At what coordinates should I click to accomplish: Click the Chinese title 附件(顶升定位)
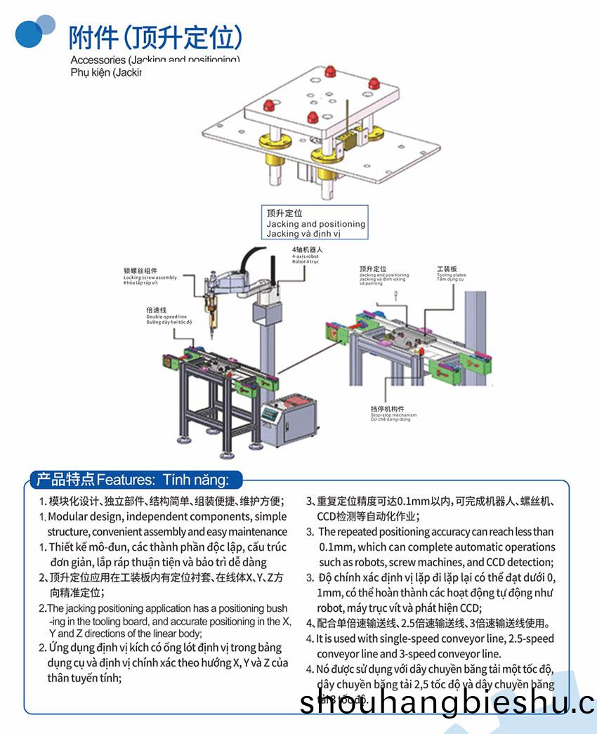pos(155,36)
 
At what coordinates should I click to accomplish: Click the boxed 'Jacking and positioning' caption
pos(315,224)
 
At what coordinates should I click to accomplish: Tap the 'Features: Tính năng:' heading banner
pos(133,480)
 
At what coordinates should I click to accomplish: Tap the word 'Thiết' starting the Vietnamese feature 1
pos(60,547)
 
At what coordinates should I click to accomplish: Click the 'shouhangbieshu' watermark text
pos(447,703)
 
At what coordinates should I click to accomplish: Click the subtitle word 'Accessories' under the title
pos(98,60)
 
